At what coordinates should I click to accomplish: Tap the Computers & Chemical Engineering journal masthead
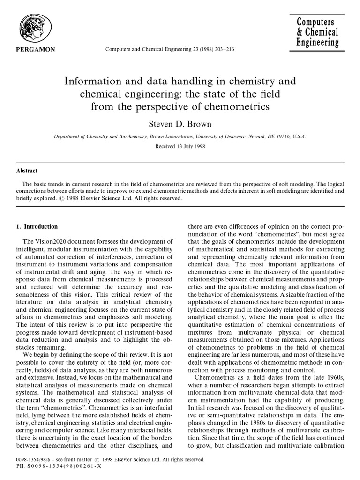pos(317,32)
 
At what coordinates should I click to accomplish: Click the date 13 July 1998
pos(190,146)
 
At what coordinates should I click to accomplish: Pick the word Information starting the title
pos(90,82)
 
